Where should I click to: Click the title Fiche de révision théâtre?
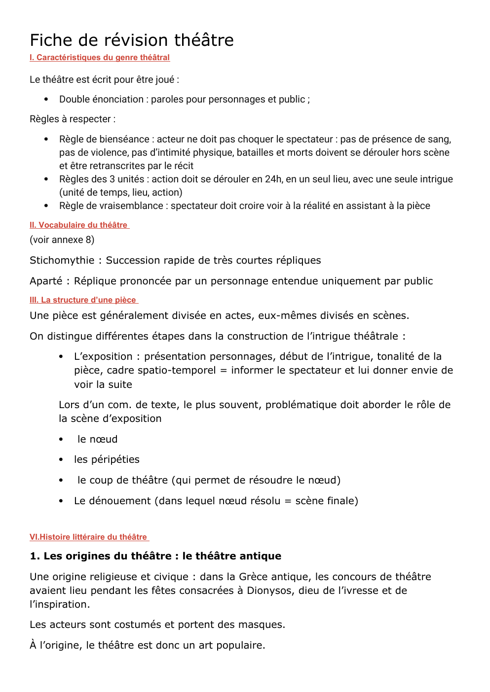131,40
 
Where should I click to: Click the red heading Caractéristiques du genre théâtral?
100,58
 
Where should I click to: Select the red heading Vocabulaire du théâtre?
79,225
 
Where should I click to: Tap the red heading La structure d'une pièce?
84,300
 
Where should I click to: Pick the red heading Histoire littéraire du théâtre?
89,537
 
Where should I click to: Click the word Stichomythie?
62,260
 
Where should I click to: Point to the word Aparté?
46,281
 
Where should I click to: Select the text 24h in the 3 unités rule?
273,179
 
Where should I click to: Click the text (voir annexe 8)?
62,240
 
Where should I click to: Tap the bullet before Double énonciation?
46,100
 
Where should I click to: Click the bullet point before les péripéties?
61,460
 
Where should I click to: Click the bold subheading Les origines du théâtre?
155,556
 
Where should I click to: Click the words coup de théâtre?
129,480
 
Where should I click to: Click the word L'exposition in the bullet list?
103,356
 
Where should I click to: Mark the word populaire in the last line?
239,645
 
